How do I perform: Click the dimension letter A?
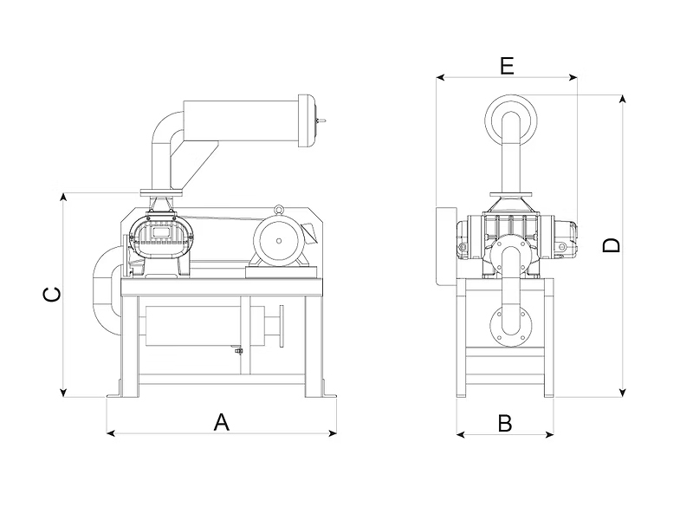click(222, 422)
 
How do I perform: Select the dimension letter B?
click(505, 423)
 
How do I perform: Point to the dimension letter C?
click(53, 295)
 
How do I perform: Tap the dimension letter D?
click(612, 245)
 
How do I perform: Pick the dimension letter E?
click(507, 65)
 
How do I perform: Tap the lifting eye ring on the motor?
click(279, 209)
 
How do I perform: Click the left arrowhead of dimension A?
click(108, 432)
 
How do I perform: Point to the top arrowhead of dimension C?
click(63, 196)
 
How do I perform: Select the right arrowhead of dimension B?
click(551, 434)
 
